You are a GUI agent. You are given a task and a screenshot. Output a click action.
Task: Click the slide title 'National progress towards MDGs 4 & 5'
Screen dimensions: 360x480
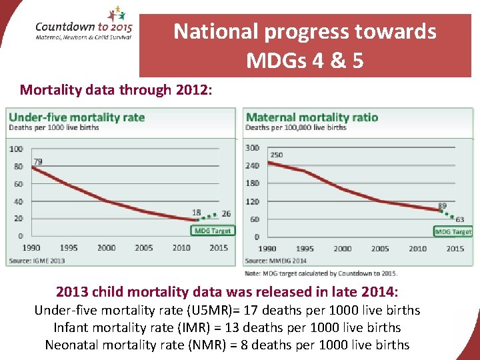pyautogui.click(x=305, y=46)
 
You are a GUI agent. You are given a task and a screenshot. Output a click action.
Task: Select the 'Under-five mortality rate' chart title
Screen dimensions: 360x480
pyautogui.click(x=77, y=117)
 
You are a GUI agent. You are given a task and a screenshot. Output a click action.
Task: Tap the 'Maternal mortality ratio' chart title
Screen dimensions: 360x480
pyautogui.click(x=312, y=117)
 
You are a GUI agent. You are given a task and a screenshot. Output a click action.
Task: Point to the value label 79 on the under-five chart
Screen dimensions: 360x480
pyautogui.click(x=38, y=161)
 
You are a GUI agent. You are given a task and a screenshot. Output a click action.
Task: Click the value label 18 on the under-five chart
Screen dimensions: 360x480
pyautogui.click(x=197, y=212)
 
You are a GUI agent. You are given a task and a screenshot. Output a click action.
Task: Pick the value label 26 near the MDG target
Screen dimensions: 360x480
pyautogui.click(x=226, y=213)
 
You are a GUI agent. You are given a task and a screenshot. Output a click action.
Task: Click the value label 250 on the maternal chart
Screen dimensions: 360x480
pyautogui.click(x=276, y=155)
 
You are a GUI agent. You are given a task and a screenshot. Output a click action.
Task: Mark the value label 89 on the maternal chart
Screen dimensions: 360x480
pyautogui.click(x=442, y=205)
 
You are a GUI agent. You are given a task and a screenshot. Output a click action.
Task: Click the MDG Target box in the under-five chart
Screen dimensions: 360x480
pyautogui.click(x=213, y=231)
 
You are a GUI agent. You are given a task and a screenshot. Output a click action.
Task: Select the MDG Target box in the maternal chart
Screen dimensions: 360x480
pyautogui.click(x=453, y=231)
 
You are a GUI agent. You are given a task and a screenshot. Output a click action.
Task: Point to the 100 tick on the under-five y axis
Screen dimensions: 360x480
pyautogui.click(x=16, y=149)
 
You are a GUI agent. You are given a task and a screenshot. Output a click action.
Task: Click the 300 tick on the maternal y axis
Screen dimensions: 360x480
pyautogui.click(x=252, y=148)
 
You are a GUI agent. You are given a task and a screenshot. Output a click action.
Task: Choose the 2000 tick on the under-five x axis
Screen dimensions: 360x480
pyautogui.click(x=107, y=248)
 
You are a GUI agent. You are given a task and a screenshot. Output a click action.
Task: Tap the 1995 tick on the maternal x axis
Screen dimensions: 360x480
pyautogui.click(x=305, y=249)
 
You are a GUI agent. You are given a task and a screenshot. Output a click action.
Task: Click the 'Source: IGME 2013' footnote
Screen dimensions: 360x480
pyautogui.click(x=37, y=260)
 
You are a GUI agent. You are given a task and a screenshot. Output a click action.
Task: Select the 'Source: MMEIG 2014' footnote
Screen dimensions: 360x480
pyautogui.click(x=276, y=261)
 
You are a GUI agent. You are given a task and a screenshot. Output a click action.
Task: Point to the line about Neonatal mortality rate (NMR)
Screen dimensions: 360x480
pyautogui.click(x=227, y=345)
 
